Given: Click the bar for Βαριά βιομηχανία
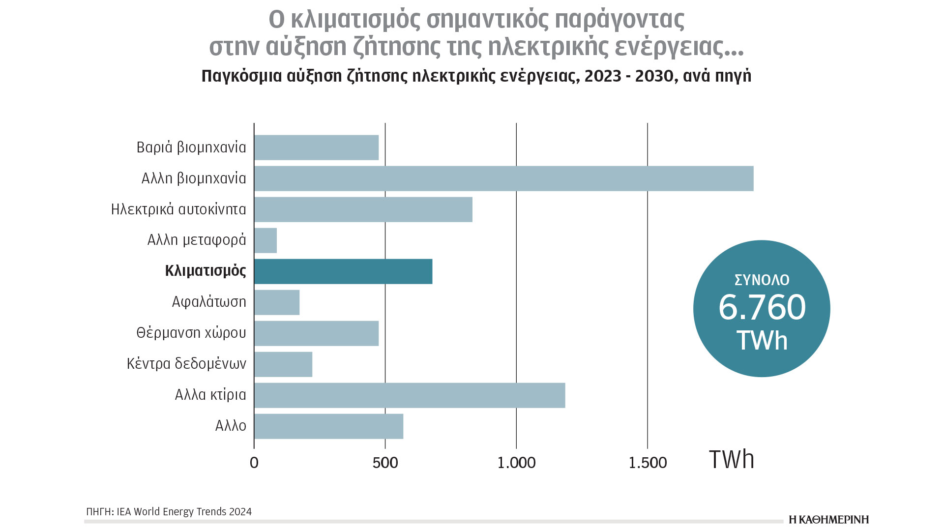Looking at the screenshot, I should coord(316,147).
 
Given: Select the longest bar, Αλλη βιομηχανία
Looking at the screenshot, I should coord(503,178).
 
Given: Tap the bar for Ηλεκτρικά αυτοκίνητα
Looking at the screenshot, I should coord(363,209).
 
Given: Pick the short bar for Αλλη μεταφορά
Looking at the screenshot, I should coord(265,240).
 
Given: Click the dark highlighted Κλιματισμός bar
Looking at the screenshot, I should coord(343,271).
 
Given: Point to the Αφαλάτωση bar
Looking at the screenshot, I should coord(277,302).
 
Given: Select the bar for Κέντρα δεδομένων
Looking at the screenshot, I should coord(283,364).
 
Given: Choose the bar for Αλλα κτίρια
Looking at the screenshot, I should coord(410,395).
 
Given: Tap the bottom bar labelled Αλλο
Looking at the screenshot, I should coord(328,426).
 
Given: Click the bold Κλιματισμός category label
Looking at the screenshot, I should coord(206,271).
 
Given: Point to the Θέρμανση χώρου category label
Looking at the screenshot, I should coord(191,333).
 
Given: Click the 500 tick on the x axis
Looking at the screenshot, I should coord(385,463).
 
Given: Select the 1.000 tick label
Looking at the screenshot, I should coord(516,463).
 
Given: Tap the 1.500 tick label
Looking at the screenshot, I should coord(648,463).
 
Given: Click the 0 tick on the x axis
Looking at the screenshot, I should coord(254,463).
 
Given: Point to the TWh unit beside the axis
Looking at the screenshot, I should coord(731,460).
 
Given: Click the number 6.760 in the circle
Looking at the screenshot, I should coord(762,308).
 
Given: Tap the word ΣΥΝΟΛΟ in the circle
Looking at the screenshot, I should coord(762,280).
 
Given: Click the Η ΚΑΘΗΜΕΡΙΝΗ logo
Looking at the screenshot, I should coord(828,520).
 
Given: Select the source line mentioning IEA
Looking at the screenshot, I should coord(169,512).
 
